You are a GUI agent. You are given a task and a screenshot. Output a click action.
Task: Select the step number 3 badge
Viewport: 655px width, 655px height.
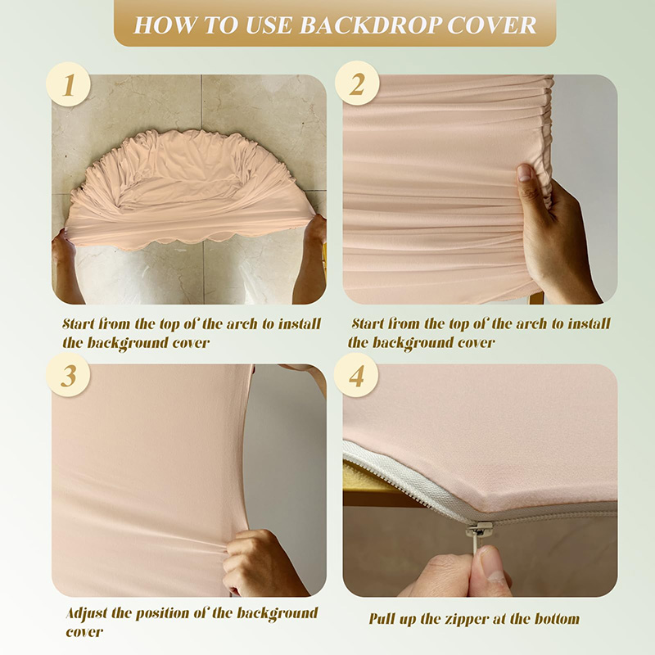[69, 376]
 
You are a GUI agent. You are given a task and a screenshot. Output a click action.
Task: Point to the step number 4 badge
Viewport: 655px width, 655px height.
[357, 376]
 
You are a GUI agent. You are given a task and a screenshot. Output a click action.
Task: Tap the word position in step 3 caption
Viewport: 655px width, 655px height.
[178, 613]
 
